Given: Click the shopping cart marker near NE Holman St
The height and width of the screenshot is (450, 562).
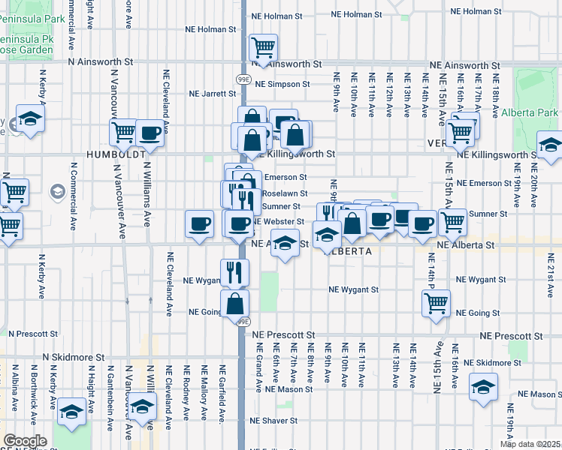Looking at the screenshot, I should (264, 48).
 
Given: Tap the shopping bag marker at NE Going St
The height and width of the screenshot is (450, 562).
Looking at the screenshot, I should (234, 304).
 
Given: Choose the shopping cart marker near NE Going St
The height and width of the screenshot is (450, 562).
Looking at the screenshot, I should (437, 303).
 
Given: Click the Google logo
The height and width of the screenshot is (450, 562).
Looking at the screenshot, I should (26, 441).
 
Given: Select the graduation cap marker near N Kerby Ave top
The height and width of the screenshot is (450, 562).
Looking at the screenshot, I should (31, 118).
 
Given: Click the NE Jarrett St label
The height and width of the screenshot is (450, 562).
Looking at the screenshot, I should (213, 94).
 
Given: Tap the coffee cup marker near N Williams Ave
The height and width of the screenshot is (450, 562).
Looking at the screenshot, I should (150, 133).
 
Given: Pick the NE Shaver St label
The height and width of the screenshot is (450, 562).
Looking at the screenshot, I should (276, 421).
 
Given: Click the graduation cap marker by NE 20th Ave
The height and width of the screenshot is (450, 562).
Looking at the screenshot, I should (550, 145).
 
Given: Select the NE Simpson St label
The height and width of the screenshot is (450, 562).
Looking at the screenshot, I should (283, 85).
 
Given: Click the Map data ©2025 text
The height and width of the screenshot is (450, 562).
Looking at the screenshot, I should (530, 444).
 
